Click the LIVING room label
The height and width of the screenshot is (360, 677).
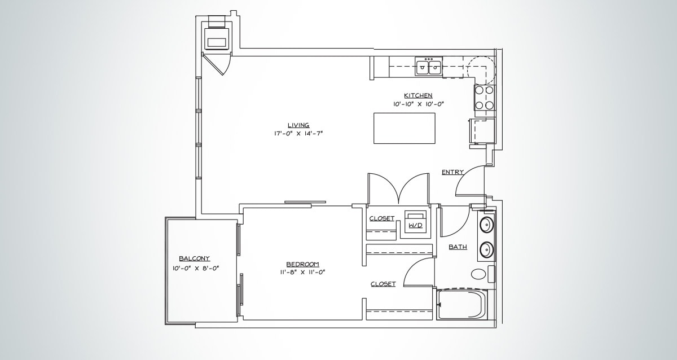tap(298, 125)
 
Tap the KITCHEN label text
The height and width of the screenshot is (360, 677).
tap(418, 95)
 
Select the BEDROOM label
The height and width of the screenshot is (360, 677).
tap(302, 264)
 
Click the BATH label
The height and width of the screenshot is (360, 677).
tap(457, 247)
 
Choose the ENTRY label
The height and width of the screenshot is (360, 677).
tap(452, 172)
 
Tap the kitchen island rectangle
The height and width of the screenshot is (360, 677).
tap(405, 129)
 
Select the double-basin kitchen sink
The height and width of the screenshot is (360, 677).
tap(429, 67)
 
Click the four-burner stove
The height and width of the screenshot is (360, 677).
tap(484, 97)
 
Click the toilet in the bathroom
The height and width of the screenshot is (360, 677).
tap(478, 275)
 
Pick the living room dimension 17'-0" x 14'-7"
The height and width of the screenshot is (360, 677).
tap(298, 134)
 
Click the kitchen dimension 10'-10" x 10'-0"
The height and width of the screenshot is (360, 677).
tap(419, 104)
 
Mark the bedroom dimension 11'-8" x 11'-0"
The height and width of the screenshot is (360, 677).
tap(302, 273)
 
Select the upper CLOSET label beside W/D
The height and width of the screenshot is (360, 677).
tap(381, 218)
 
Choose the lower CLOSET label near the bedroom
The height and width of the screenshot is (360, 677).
tap(383, 284)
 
